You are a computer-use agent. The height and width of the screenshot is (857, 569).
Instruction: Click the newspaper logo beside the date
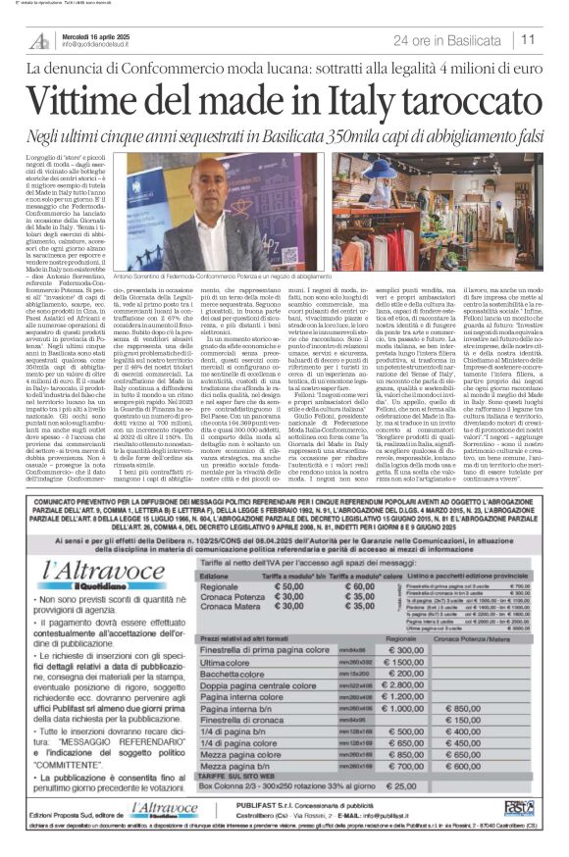pyautogui.click(x=42, y=39)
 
